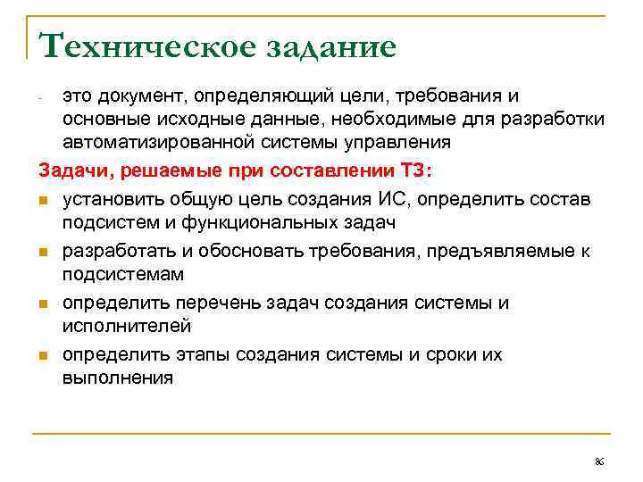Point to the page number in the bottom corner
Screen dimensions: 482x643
(x=599, y=461)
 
